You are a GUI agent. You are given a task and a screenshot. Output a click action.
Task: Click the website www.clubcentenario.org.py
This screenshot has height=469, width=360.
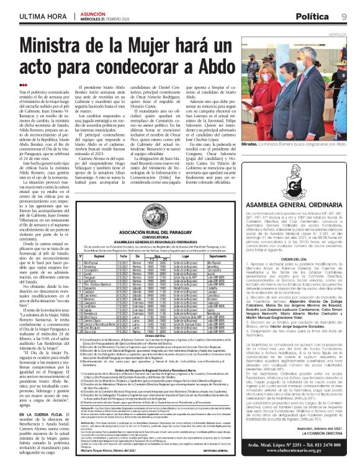pyautogui.click(x=302, y=458)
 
